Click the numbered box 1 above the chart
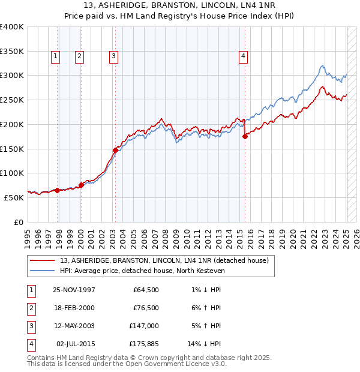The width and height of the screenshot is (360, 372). pos(55,56)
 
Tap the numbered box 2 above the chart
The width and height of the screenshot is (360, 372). pos(79,56)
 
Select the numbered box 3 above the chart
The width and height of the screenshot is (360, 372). pos(113,56)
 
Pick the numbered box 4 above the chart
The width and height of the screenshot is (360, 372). pos(243,56)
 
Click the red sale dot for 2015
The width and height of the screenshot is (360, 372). pos(245,137)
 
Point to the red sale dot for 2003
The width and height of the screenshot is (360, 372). pos(115,150)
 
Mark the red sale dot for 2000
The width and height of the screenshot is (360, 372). pos(81,184)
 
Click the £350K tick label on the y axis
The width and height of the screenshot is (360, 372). pos(12,51)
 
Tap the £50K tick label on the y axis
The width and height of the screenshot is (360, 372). pos(14,197)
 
